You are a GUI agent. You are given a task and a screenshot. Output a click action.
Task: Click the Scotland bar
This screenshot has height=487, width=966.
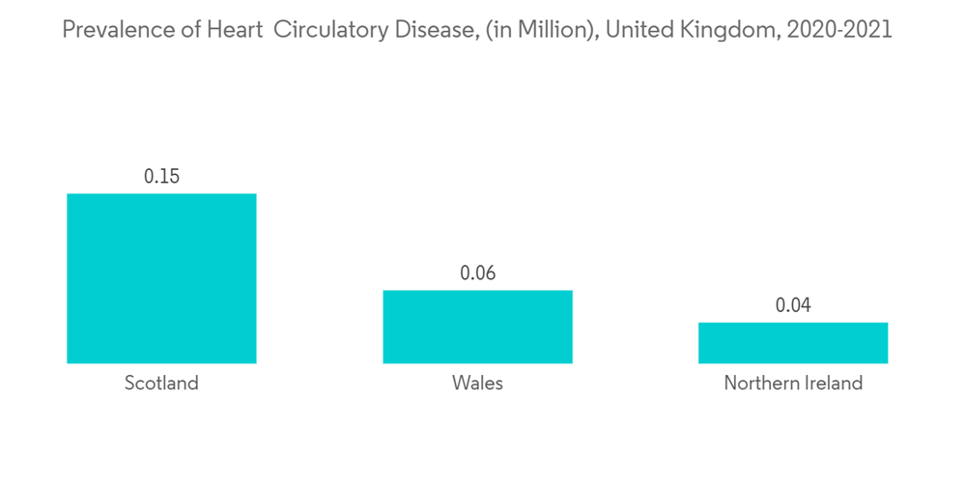161,278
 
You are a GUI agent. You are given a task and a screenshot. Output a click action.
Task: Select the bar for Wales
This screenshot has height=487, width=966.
477,327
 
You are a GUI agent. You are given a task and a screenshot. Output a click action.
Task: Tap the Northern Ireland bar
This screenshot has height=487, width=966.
793,343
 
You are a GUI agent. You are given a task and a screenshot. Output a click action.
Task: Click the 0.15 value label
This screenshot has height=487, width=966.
161,177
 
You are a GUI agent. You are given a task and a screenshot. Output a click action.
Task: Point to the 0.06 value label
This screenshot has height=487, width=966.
477,273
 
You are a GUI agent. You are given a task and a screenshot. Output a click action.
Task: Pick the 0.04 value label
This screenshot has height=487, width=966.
793,306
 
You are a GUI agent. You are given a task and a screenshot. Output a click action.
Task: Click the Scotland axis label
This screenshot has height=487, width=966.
161,384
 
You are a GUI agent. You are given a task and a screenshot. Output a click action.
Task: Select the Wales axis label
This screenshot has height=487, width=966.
477,384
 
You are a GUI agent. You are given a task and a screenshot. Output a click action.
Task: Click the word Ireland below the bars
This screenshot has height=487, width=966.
832,384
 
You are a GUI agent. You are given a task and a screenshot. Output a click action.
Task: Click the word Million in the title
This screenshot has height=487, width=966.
541,30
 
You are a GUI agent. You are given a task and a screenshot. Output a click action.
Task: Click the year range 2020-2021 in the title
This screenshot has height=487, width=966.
839,30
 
